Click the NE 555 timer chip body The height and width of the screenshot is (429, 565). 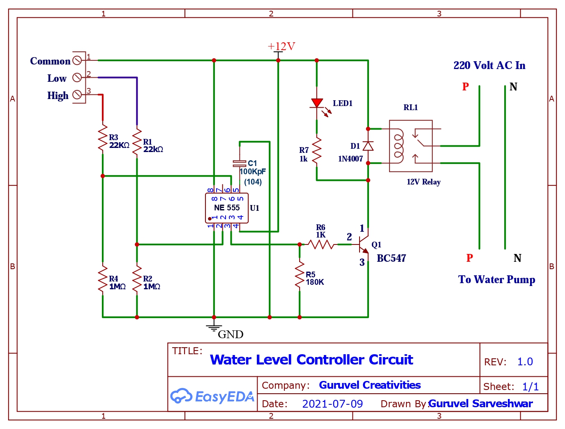tap(226, 208)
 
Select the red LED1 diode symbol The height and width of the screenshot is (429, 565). tap(317, 103)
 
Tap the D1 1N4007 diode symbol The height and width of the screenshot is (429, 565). tap(368, 146)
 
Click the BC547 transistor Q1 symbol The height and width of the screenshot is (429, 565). tap(363, 244)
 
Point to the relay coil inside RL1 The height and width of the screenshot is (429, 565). tap(398, 146)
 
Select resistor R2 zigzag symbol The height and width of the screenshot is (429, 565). tap(137, 281)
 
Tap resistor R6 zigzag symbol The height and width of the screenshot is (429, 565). tap(321, 244)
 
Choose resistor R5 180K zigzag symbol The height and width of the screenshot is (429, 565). tap(300, 276)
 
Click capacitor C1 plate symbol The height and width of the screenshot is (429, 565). tap(240, 163)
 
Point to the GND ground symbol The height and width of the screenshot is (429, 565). tap(214, 327)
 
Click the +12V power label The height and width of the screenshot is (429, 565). tap(281, 46)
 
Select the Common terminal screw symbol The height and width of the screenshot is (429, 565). tap(77, 60)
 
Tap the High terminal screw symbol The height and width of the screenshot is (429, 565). tap(77, 95)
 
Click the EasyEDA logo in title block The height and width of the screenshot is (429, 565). tap(212, 396)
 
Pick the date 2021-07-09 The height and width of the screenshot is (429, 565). tap(332, 404)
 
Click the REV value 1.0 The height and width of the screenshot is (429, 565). tap(525, 362)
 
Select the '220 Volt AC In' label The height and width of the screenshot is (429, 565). tap(489, 65)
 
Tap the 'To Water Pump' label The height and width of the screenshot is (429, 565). tap(496, 279)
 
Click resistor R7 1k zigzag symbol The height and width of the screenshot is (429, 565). tap(317, 152)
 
